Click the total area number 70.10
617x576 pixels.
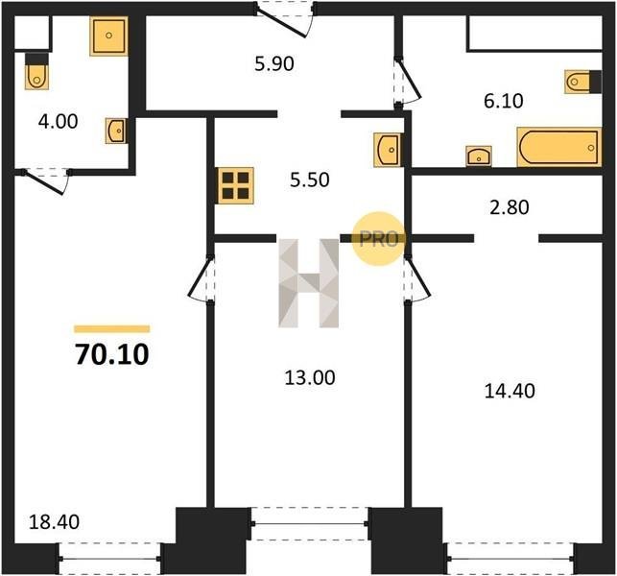[112, 354]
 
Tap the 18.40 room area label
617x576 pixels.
[55, 521]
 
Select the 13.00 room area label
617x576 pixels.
[310, 377]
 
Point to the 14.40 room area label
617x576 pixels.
[510, 392]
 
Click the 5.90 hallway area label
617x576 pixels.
[274, 63]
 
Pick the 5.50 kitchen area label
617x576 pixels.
[310, 180]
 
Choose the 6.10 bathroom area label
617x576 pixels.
[504, 101]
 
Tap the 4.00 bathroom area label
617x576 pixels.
[59, 121]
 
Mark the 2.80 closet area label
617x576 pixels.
[510, 207]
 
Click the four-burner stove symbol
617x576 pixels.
[236, 186]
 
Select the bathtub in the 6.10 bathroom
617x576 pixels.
[559, 147]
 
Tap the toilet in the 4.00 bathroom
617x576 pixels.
[37, 71]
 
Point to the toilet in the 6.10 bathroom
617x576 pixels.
[582, 82]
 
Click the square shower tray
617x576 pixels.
[109, 36]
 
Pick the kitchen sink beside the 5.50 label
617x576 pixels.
[388, 150]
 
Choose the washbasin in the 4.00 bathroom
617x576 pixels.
[116, 131]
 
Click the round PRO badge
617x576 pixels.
[378, 239]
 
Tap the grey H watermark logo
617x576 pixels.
[309, 283]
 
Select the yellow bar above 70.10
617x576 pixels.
[112, 329]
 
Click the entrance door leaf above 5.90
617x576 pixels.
[281, 25]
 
